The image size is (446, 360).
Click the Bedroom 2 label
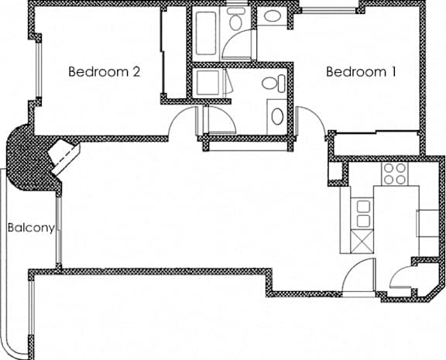tap(104, 72)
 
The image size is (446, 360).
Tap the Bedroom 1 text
tap(361, 72)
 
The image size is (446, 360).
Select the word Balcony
tap(31, 228)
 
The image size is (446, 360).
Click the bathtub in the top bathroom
tap(206, 33)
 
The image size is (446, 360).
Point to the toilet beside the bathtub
tap(236, 19)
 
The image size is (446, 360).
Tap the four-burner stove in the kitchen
tap(395, 173)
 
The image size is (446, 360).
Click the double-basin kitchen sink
tap(363, 214)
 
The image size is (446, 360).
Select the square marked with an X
tap(362, 242)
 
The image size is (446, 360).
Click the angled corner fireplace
tap(63, 156)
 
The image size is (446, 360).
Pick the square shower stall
tap(207, 83)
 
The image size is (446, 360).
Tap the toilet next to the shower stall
tap(273, 84)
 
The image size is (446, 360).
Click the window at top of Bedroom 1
tap(328, 11)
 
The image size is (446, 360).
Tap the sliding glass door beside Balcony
tap(58, 231)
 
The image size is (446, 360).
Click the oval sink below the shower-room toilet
tap(278, 117)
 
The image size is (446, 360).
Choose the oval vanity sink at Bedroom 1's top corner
tap(273, 16)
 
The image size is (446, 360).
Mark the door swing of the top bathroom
tap(238, 45)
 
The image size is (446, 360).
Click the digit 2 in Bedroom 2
tap(136, 72)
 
